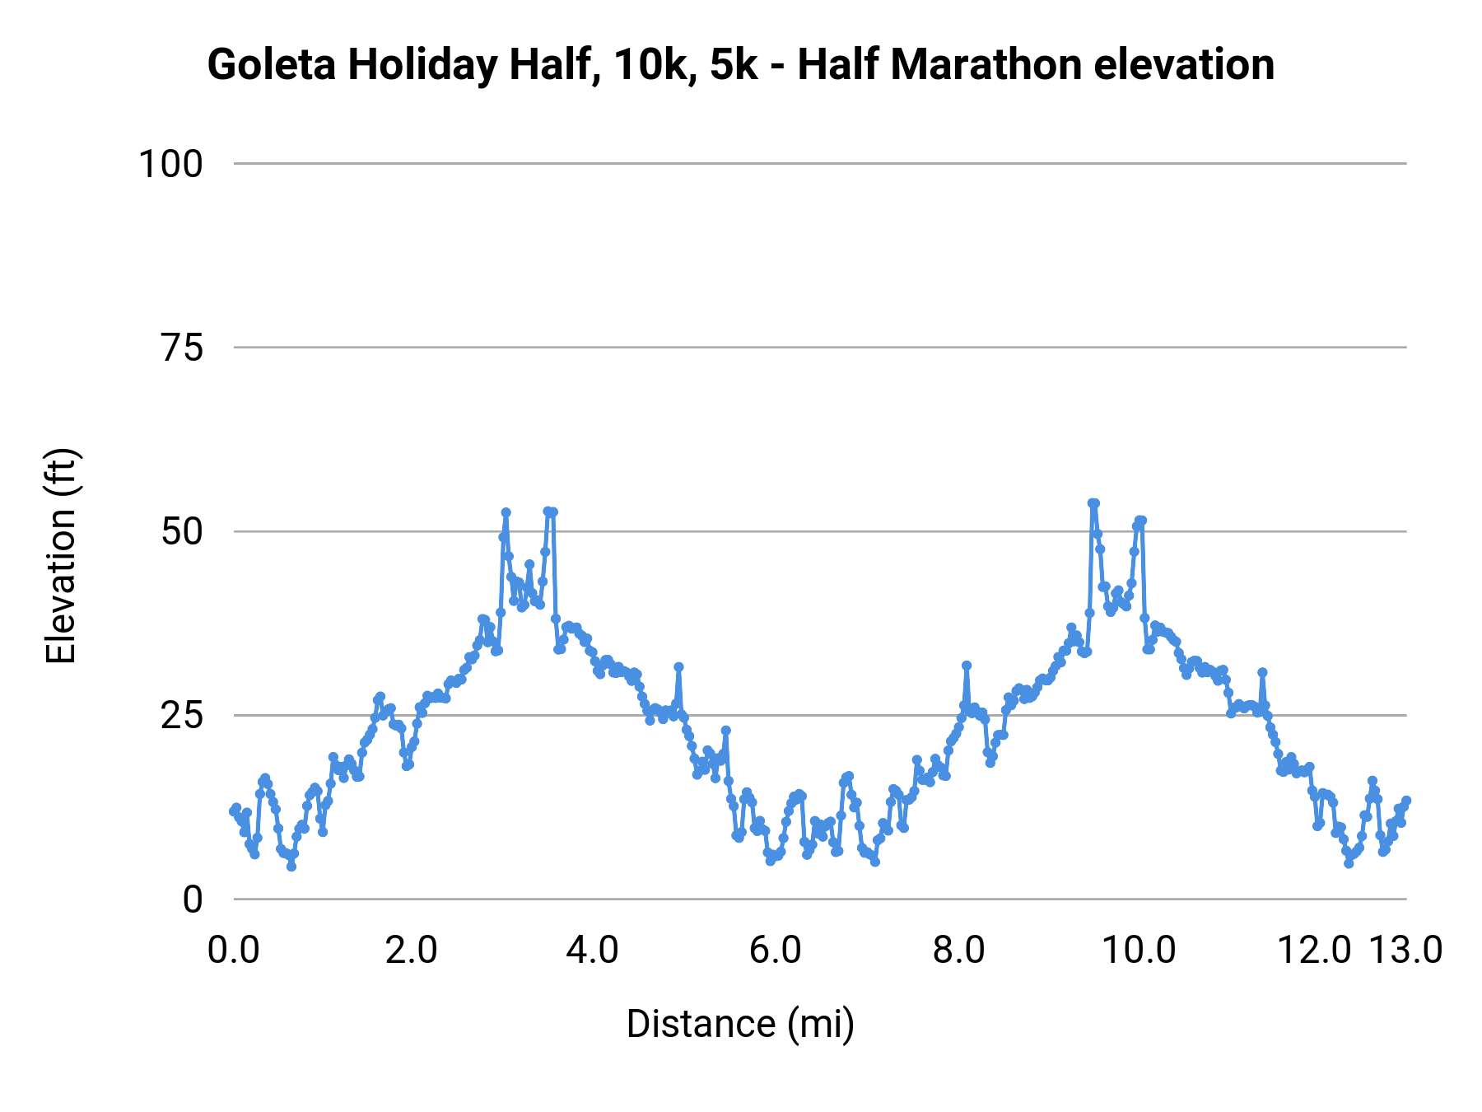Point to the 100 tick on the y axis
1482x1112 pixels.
click(x=170, y=164)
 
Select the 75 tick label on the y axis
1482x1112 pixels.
click(x=182, y=348)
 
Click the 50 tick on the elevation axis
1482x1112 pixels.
click(x=182, y=532)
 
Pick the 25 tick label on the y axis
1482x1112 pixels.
click(x=182, y=716)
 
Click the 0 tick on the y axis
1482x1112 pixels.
click(x=193, y=899)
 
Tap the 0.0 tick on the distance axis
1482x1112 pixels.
click(x=234, y=951)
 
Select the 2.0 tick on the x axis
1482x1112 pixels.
click(x=412, y=951)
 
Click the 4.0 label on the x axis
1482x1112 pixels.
click(x=593, y=951)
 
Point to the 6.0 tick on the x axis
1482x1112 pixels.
click(x=776, y=951)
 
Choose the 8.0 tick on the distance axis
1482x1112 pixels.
click(x=958, y=951)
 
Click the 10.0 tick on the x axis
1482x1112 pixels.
click(x=1139, y=951)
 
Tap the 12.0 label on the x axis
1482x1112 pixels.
click(x=1314, y=951)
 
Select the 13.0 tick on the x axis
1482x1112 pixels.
click(x=1406, y=951)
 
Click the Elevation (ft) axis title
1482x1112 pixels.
click(x=61, y=556)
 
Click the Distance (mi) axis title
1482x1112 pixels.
click(x=740, y=1025)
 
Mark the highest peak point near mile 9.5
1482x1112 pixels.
click(x=1093, y=503)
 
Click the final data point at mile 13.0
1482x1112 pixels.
click(x=1406, y=801)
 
